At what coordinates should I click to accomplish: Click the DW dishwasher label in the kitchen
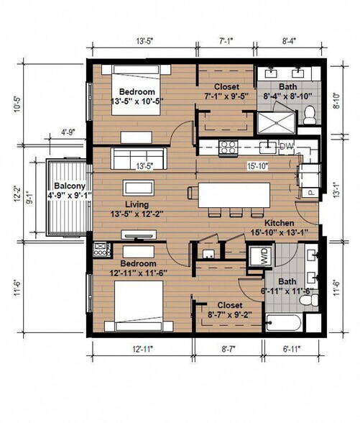(x=286, y=147)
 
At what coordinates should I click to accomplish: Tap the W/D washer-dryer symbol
(x=256, y=255)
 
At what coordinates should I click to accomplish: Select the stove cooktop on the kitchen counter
(x=228, y=147)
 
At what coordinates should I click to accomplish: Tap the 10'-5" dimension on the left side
(x=27, y=105)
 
